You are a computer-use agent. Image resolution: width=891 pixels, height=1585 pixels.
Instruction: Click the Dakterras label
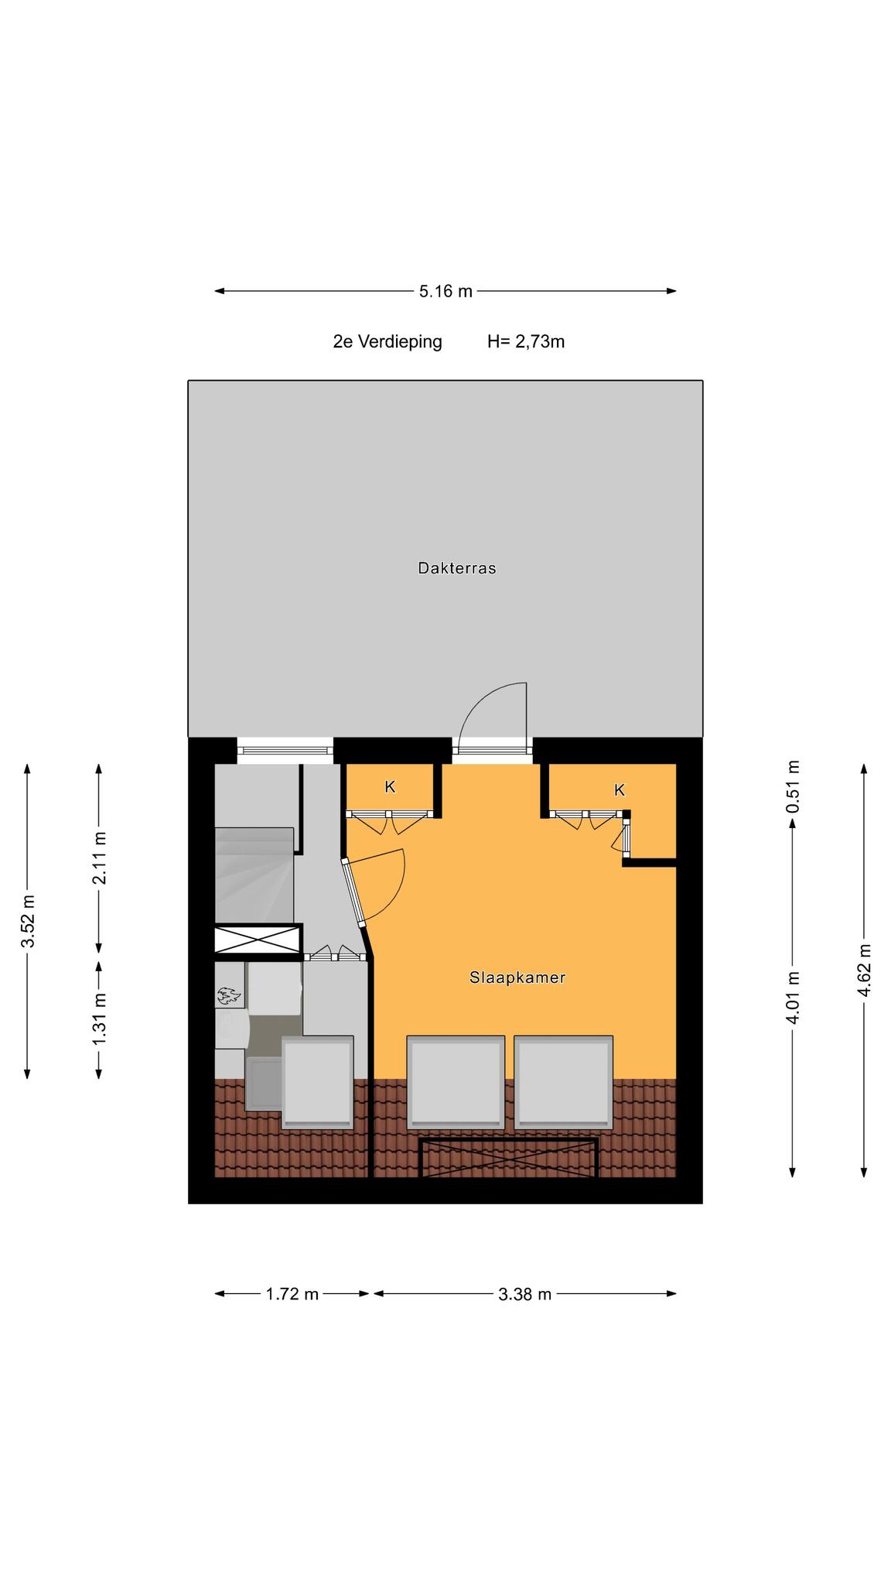coord(456,568)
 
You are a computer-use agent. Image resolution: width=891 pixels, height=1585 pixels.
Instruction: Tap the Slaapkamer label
coord(517,977)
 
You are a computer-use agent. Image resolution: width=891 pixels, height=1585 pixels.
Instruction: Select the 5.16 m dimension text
coord(445,291)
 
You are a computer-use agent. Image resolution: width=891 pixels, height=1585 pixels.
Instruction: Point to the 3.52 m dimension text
coord(28,921)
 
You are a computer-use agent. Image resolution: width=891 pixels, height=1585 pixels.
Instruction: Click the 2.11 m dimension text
coord(99,858)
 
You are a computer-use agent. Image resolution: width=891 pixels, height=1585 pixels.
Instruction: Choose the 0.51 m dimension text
coord(793,786)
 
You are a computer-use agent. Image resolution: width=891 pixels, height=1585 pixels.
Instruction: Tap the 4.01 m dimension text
coord(793,998)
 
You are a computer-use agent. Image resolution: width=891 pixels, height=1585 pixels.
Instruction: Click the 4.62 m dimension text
coord(865,971)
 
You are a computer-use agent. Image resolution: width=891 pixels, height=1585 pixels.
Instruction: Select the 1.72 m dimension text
coord(292,1294)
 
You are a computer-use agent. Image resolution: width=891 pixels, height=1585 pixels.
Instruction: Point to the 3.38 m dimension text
coord(525,1294)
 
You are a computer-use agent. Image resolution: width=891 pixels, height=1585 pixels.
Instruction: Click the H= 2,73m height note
coord(526,341)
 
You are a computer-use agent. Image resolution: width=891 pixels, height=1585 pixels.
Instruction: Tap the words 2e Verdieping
coord(387,341)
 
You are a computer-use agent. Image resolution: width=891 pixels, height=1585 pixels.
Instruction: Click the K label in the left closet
coord(391,787)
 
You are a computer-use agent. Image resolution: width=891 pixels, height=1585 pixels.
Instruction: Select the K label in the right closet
coord(620,790)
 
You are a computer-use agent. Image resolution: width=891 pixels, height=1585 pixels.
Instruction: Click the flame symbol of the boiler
coord(229,995)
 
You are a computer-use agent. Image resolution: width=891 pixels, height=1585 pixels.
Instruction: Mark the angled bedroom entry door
coord(353,892)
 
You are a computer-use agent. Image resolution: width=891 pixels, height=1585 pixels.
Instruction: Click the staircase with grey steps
coord(254,875)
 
